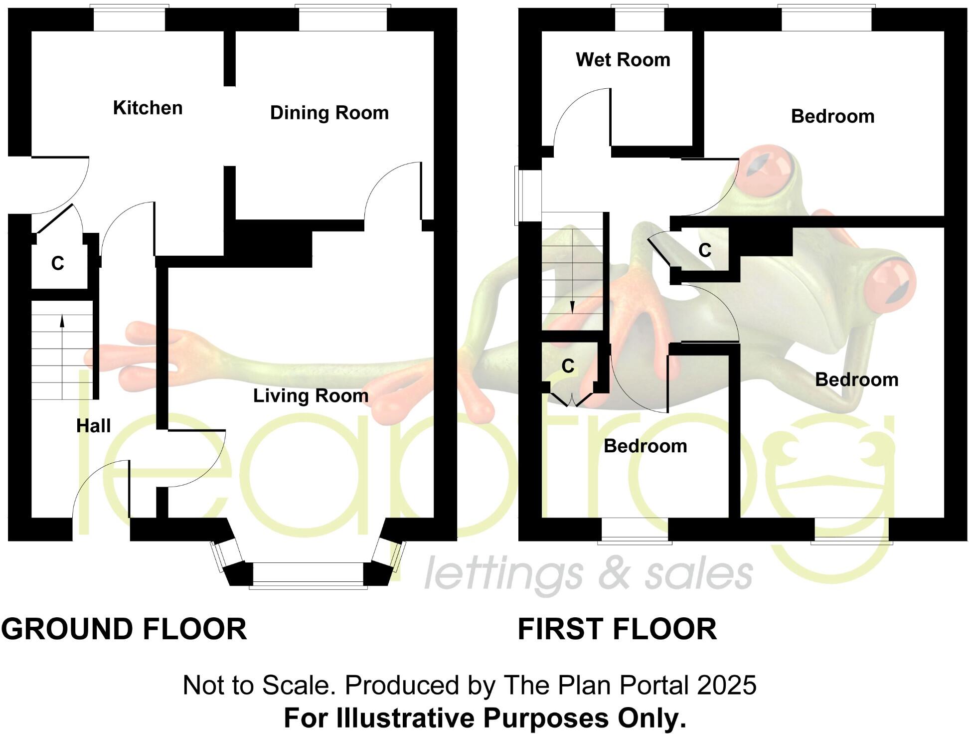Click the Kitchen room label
pos(148,108)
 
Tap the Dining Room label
pos(329,113)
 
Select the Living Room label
pos(311,396)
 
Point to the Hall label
pos(93,426)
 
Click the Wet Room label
pos(623,60)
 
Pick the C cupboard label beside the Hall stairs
pos(58,263)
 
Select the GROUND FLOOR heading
pos(124,629)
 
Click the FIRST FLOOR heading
pos(617,629)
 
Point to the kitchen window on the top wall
pos(130,19)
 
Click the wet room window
pos(639,19)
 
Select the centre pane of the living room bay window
pos(308,575)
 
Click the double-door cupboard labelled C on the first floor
pos(568,367)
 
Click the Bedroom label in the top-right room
pos(832,117)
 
